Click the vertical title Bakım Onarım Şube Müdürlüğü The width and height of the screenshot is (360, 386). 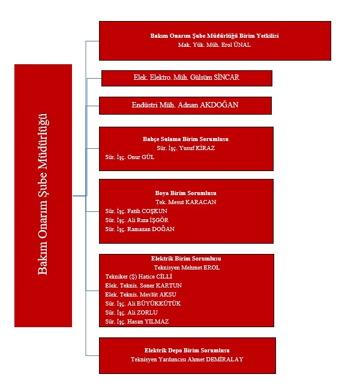(x=43, y=195)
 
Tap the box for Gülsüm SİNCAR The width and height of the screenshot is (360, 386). (x=187, y=78)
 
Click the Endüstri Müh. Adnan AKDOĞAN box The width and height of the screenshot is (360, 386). (x=185, y=106)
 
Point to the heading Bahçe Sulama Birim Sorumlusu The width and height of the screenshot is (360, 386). (x=185, y=139)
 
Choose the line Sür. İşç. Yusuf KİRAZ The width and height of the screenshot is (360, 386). (x=185, y=147)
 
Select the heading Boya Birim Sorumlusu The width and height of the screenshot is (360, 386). (x=185, y=193)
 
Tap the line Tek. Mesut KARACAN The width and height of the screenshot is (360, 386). (x=185, y=202)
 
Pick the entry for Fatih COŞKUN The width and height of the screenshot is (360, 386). (x=136, y=211)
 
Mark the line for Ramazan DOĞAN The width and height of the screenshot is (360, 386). (x=139, y=229)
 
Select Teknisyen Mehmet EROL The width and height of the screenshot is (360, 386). (x=187, y=268)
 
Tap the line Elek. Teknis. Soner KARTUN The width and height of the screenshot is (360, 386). (x=143, y=285)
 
